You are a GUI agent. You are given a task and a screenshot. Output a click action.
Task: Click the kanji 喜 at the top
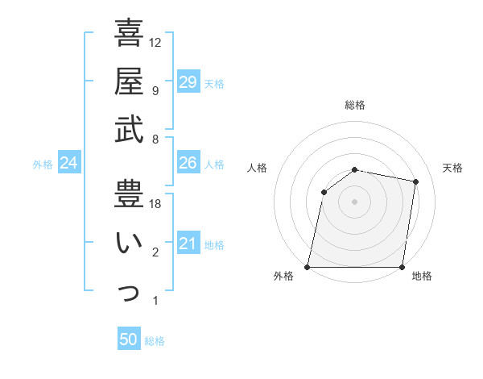click(x=129, y=35)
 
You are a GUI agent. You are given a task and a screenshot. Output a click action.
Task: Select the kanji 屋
click(x=129, y=81)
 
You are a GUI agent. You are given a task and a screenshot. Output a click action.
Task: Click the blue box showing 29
click(x=188, y=82)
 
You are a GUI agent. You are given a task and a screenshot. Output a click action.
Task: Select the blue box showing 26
click(x=188, y=163)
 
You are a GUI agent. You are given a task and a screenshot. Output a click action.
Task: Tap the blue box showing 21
click(x=188, y=244)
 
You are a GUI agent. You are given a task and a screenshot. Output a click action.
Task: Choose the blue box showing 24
click(x=69, y=164)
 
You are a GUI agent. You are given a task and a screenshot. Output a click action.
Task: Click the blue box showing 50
click(x=129, y=339)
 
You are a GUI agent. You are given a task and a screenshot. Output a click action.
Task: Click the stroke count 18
click(x=155, y=204)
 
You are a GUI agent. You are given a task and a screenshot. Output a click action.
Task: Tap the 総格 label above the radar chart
click(x=355, y=105)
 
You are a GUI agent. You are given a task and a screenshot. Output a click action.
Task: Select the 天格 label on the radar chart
click(x=453, y=168)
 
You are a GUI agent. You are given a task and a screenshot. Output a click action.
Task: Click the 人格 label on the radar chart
click(x=258, y=168)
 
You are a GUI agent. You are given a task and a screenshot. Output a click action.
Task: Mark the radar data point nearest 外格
click(x=308, y=267)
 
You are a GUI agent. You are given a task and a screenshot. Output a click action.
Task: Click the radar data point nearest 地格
click(x=402, y=267)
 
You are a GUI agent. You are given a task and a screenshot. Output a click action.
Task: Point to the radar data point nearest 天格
click(x=416, y=182)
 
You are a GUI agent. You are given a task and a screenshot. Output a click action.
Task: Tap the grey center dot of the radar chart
click(x=355, y=202)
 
